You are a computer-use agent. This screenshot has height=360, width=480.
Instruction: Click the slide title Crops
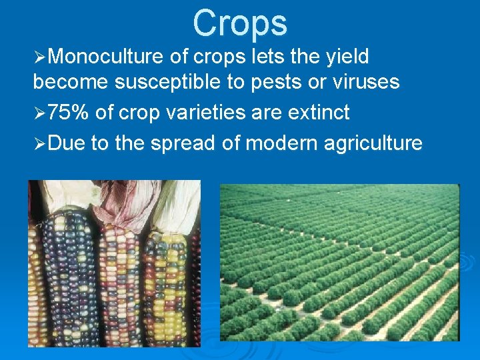tap(240, 23)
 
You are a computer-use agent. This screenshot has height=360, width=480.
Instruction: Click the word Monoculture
tap(105, 57)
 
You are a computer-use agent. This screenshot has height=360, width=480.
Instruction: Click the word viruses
tap(365, 83)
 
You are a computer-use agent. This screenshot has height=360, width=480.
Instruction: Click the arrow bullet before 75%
tap(39, 113)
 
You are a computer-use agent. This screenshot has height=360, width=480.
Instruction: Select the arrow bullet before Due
tap(39, 143)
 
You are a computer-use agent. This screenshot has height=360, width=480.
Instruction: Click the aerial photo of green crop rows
tap(340, 263)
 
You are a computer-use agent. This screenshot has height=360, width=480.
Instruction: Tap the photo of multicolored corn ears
tap(113, 280)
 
